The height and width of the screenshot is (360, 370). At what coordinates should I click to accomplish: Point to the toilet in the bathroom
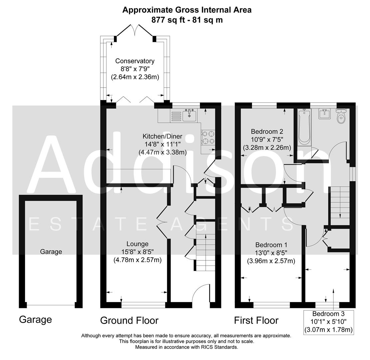341,116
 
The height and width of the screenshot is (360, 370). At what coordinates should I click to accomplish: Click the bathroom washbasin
324,114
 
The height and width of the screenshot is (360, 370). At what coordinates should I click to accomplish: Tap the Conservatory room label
135,61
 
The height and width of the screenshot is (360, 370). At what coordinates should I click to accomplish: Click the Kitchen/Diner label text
162,136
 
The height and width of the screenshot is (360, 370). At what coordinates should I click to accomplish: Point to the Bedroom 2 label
267,131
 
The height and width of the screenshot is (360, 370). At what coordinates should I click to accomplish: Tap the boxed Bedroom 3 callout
328,322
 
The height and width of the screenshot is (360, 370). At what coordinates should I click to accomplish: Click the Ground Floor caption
129,321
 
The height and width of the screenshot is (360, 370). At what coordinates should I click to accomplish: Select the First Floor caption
256,321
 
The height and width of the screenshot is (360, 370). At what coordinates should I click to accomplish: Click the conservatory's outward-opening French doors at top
135,30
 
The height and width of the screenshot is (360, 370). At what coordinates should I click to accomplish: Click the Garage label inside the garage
51,252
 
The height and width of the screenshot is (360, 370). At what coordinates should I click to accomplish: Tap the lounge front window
143,305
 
